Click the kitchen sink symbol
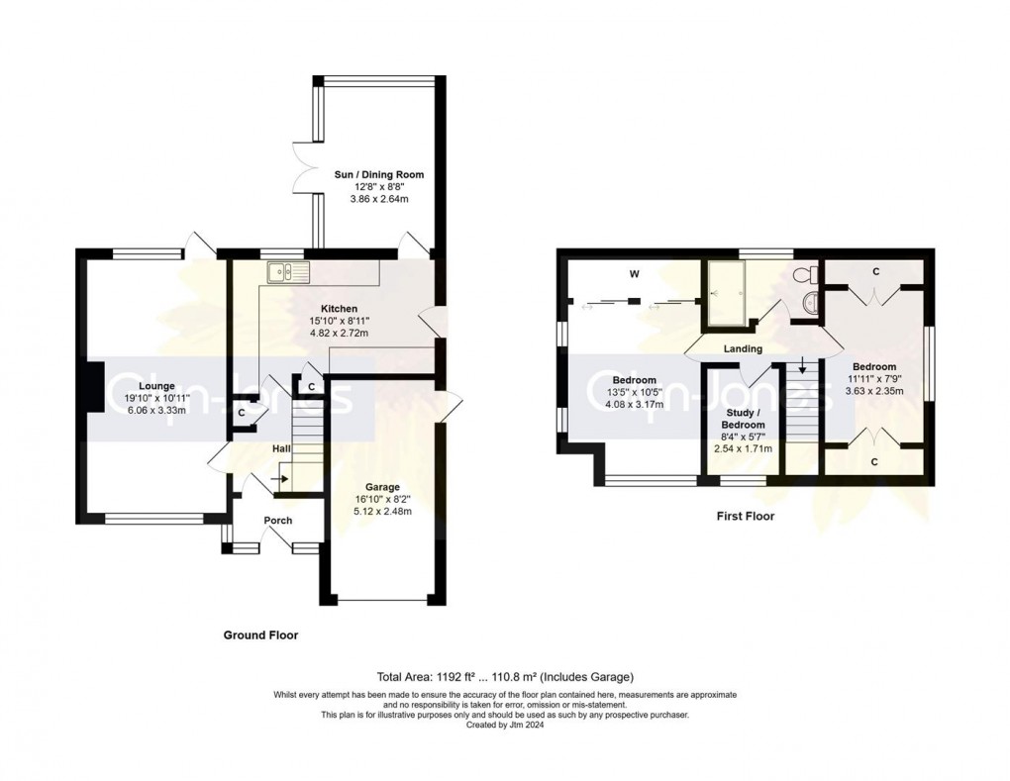[287, 269]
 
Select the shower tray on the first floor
[727, 294]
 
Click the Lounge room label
[156, 386]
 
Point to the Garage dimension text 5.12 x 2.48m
[382, 511]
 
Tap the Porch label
[277, 521]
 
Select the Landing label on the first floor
[743, 348]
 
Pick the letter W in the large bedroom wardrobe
[630, 274]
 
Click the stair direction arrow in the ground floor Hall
[280, 480]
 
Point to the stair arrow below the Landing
[802, 367]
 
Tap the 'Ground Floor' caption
[260, 635]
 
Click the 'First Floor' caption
[745, 516]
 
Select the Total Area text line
[505, 677]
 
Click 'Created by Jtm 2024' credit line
[505, 725]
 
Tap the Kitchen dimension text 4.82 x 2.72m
[339, 334]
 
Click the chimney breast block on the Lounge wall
[91, 386]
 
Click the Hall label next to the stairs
[281, 449]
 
